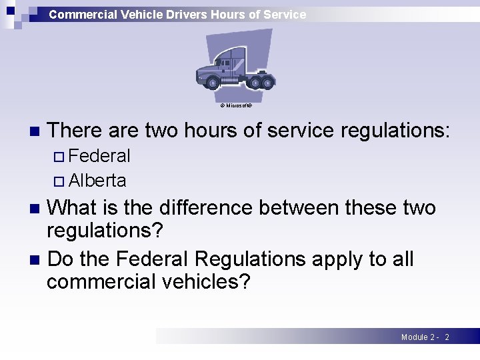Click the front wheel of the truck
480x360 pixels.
(x=213, y=83)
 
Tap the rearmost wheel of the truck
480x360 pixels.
(x=267, y=83)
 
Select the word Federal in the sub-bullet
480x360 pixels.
(x=99, y=156)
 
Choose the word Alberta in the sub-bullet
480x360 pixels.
(x=97, y=181)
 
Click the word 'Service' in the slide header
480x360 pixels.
(x=284, y=14)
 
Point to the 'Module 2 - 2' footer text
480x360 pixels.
(x=425, y=337)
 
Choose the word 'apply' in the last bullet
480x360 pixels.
(x=335, y=259)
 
